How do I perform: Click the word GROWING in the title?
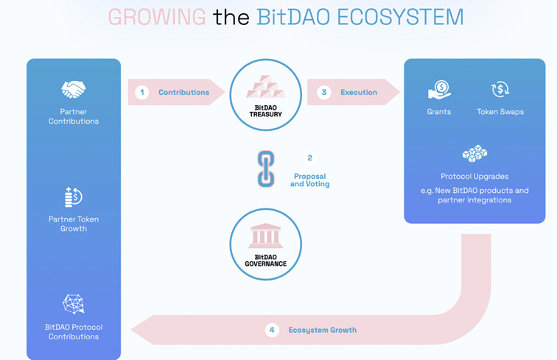pyautogui.click(x=157, y=16)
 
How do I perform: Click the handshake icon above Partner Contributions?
pyautogui.click(x=74, y=90)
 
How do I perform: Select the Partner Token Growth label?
pyautogui.click(x=74, y=224)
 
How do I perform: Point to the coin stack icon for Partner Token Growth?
pyautogui.click(x=73, y=197)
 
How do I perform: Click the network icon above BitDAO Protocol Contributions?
pyautogui.click(x=74, y=304)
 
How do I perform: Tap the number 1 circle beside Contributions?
pyautogui.click(x=143, y=92)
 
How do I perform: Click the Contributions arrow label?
pyautogui.click(x=183, y=92)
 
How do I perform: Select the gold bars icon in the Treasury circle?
pyautogui.click(x=265, y=86)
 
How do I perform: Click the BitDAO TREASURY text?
pyautogui.click(x=265, y=111)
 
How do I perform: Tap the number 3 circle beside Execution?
pyautogui.click(x=323, y=92)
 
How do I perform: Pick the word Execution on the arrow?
pyautogui.click(x=359, y=92)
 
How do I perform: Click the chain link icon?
pyautogui.click(x=265, y=169)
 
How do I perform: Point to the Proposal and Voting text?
pyautogui.click(x=309, y=180)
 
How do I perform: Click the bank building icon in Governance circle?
pyautogui.click(x=265, y=236)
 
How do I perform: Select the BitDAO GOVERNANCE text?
pyautogui.click(x=265, y=260)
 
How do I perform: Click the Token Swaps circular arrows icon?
pyautogui.click(x=500, y=90)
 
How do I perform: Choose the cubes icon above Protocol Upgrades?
pyautogui.click(x=474, y=154)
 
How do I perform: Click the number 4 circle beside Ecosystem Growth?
pyautogui.click(x=272, y=330)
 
